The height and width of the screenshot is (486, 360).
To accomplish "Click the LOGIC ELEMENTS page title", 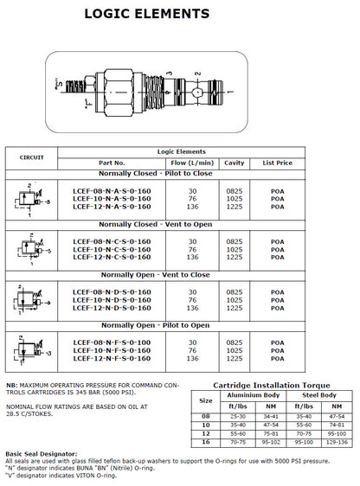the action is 147,14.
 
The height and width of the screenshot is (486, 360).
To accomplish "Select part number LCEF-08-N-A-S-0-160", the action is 112,191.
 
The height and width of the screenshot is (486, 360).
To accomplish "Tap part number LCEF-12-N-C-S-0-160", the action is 112,257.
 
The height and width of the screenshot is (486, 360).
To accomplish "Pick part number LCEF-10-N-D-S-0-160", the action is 112,300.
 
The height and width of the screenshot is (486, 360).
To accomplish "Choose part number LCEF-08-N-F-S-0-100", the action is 112,342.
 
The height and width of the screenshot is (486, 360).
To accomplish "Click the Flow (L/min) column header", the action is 192,163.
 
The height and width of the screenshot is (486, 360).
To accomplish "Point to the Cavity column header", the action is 235,163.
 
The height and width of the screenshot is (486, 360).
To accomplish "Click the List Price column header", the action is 278,163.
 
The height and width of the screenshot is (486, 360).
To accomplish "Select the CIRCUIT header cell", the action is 32,157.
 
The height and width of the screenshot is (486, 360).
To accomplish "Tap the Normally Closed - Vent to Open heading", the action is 156,224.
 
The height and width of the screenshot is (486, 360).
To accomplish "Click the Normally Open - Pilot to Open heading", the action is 156,325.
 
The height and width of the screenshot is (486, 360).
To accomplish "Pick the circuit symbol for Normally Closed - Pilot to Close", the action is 32,200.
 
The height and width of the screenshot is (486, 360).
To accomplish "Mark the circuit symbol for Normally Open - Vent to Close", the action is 32,300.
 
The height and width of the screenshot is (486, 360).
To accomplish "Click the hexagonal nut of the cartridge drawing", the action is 119,93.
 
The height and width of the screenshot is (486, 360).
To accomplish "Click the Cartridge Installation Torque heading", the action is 272,386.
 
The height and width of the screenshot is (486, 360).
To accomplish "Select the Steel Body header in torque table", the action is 319,395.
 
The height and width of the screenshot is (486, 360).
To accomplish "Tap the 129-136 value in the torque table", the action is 337,442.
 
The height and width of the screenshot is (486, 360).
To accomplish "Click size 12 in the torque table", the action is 206,433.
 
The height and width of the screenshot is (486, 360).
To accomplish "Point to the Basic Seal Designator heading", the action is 42,454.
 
